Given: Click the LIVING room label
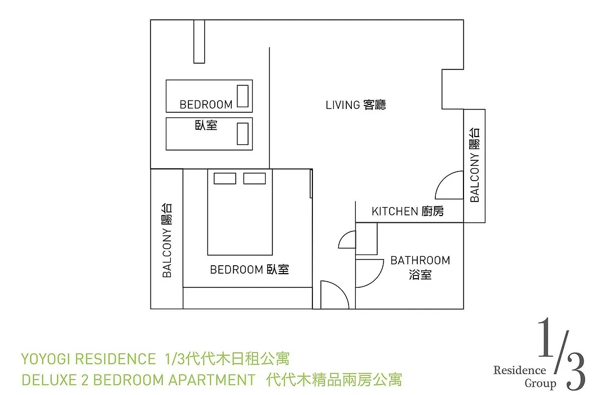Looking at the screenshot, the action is [x=355, y=105].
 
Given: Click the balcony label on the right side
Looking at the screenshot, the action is [x=475, y=165].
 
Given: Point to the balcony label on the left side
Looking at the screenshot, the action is [x=166, y=240].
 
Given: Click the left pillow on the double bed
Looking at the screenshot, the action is [x=225, y=178].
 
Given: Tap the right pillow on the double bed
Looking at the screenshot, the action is [x=254, y=178].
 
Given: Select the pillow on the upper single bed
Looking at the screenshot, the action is [x=242, y=96].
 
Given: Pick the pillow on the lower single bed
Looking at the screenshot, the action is [x=242, y=134].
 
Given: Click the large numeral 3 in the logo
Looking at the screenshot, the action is [x=576, y=371].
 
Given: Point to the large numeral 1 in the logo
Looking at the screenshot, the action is [x=546, y=337].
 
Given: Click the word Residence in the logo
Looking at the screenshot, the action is [x=520, y=370].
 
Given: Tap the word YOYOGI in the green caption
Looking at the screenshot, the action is [x=46, y=359].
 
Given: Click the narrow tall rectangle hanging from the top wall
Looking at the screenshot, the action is [x=199, y=41].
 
